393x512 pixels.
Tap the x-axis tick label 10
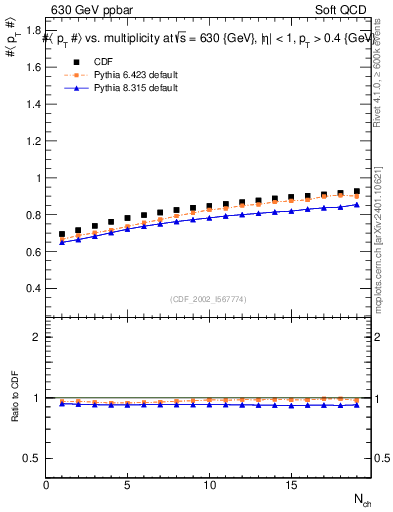click(x=209, y=485)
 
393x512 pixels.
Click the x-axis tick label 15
click(x=291, y=485)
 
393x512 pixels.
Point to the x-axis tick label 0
click(x=46, y=485)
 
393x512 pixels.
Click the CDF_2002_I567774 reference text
click(x=209, y=299)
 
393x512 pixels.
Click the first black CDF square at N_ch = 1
click(x=62, y=234)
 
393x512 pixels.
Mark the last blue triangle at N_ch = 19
click(x=357, y=205)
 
